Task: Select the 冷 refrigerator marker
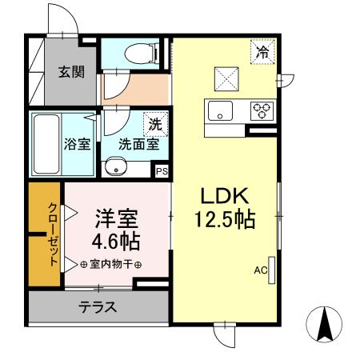(262, 53)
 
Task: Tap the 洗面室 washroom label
(138, 146)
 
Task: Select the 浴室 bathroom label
(77, 146)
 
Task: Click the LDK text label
(226, 195)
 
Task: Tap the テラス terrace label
(98, 306)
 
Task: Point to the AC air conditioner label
(259, 270)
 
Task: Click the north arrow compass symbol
(326, 325)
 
